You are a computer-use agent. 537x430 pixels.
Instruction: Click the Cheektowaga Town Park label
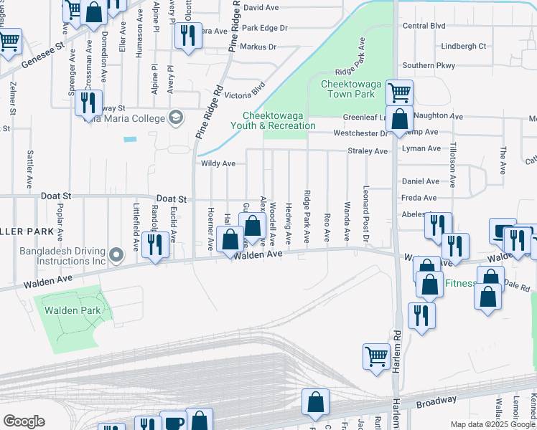click(348, 89)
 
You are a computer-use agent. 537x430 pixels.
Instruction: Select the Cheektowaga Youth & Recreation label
click(279, 120)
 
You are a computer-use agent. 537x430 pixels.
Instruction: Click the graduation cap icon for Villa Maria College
click(175, 117)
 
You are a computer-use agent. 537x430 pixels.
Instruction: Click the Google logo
click(24, 421)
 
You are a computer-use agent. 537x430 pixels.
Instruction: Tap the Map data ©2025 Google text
click(492, 424)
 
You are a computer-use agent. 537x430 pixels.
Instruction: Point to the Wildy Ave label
click(219, 163)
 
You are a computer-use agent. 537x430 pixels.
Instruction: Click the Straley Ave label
click(368, 151)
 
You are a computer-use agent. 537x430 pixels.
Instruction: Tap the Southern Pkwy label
click(429, 65)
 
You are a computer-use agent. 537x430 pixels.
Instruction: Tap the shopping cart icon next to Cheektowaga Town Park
click(399, 91)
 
